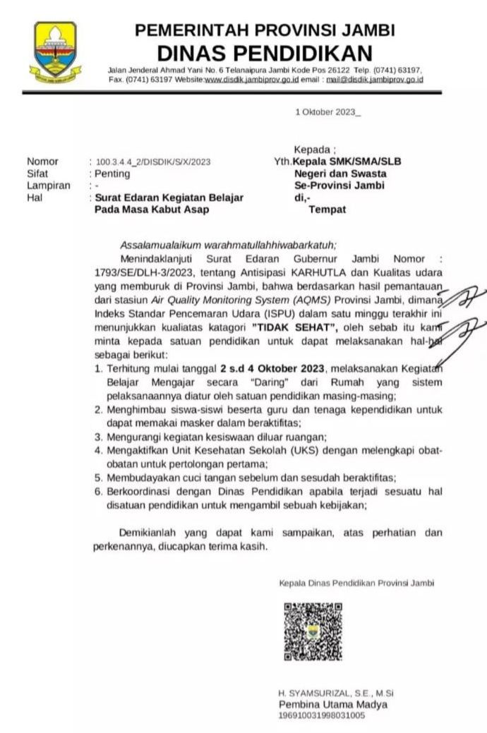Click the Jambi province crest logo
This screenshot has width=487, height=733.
(x=54, y=52)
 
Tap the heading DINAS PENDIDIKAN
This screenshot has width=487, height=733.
(x=264, y=53)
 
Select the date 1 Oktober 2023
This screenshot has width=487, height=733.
(x=327, y=112)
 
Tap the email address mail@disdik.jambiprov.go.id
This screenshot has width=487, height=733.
(x=374, y=80)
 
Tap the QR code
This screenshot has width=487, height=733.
(x=313, y=631)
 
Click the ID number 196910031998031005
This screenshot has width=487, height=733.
(x=322, y=716)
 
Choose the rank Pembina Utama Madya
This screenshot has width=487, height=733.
(x=333, y=705)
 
